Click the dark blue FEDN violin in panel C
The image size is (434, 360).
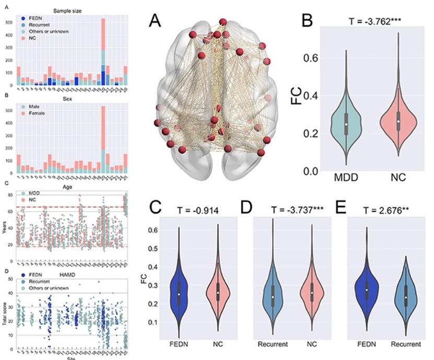coord(179,293)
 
